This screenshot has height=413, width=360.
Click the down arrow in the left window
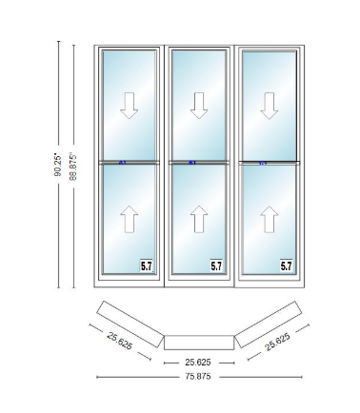[130, 107]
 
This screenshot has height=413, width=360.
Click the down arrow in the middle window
[199, 107]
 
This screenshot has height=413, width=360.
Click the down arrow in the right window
[269, 107]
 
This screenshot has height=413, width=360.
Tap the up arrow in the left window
[130, 220]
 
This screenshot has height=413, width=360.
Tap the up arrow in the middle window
[199, 220]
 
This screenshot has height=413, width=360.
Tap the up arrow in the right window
[269, 220]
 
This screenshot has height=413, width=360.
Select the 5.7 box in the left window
[147, 266]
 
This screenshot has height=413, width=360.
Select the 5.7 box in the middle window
[216, 266]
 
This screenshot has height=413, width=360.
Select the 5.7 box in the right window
[287, 266]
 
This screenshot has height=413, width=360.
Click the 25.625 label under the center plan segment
[198, 363]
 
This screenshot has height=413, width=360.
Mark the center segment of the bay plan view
[198, 340]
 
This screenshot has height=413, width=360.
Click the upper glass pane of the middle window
[199, 105]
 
